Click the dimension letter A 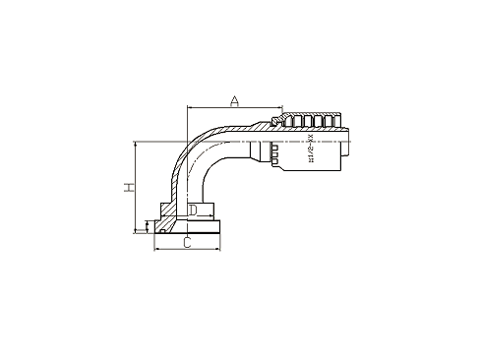234,100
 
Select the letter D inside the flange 194,210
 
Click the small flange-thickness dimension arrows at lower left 148,228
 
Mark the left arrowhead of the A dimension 186,109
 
